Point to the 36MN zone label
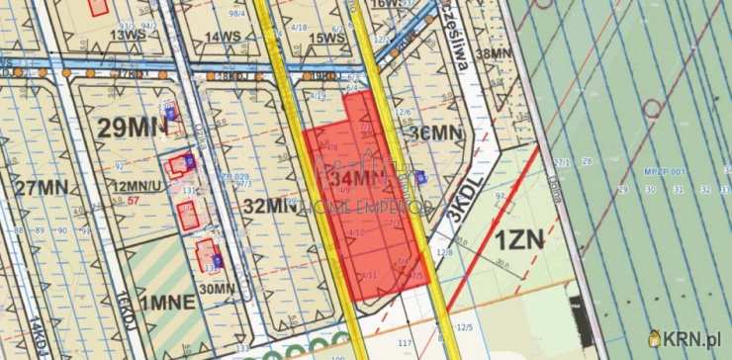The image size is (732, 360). (436, 133)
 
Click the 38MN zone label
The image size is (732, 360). (494, 55)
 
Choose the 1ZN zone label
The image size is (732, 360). (519, 239)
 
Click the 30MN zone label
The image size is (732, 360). (218, 289)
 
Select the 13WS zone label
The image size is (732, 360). (128, 36)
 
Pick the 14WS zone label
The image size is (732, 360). (224, 37)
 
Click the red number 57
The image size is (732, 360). (133, 201)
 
